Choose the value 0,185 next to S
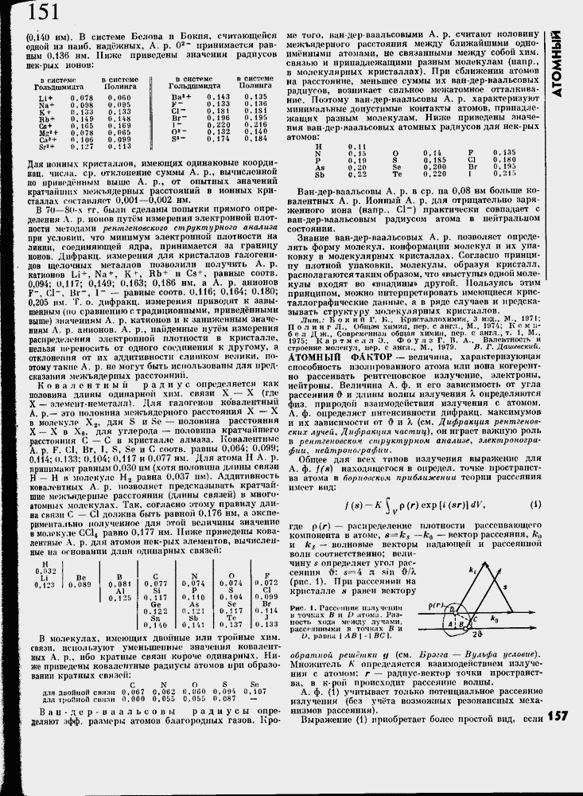pos(433,159)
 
